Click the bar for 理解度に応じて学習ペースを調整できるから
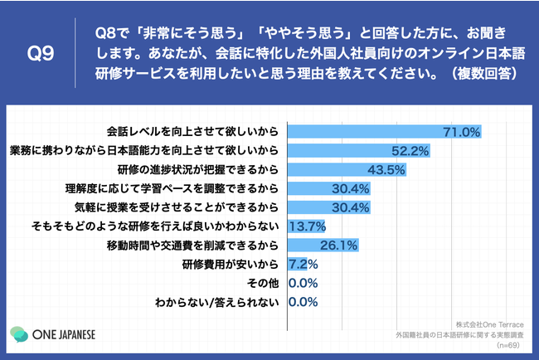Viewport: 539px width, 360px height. (x=328, y=187)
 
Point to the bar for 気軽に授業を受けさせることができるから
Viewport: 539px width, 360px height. (x=328, y=207)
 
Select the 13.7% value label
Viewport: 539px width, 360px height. (x=307, y=226)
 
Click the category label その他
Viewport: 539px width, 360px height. (x=263, y=283)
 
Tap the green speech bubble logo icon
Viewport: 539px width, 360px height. (x=19, y=335)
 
